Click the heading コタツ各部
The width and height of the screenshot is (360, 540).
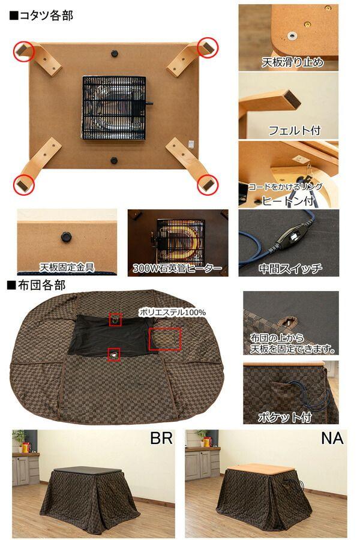click(41, 16)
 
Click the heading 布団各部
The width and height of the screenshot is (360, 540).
click(37, 284)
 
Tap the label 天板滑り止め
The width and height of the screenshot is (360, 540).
click(292, 62)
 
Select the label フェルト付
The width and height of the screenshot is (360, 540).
click(294, 130)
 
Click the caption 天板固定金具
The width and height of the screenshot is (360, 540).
click(67, 267)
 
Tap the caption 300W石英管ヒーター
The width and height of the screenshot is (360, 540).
click(178, 268)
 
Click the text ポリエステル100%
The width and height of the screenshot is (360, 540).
click(172, 312)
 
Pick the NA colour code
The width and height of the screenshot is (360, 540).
click(332, 438)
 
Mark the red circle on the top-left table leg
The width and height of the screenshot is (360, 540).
click(25, 50)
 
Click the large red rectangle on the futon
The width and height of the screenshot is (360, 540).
click(164, 339)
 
